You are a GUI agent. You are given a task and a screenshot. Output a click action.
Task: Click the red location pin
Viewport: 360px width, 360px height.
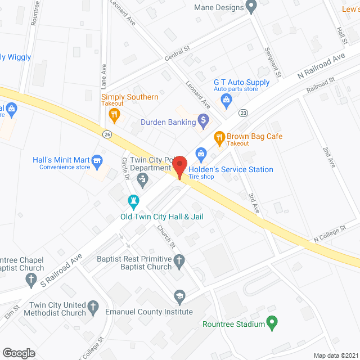179,168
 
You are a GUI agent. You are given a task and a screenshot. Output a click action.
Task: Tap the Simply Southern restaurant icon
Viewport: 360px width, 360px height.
114,115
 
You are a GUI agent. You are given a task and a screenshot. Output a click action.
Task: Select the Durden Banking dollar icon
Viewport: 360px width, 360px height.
204,119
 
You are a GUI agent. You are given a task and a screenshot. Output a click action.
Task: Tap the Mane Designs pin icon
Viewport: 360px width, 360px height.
251,7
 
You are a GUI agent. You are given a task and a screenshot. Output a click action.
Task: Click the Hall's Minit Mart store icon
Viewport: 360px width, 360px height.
97,161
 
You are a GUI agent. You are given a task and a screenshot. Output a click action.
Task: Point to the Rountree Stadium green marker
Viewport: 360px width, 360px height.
272,323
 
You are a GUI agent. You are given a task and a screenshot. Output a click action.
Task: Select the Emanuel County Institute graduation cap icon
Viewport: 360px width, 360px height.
179,296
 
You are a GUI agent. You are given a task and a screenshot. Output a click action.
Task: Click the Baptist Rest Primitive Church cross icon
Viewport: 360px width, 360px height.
179,261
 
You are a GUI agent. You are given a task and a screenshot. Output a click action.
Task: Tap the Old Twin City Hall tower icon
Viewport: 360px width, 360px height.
133,200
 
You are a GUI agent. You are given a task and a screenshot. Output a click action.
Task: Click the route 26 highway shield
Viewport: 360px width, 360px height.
107,133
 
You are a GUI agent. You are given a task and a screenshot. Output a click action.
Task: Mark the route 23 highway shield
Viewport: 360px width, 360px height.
243,112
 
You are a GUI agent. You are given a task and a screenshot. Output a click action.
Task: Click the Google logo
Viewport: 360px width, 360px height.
19,353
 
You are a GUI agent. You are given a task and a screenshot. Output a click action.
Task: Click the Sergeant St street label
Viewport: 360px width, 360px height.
272,63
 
